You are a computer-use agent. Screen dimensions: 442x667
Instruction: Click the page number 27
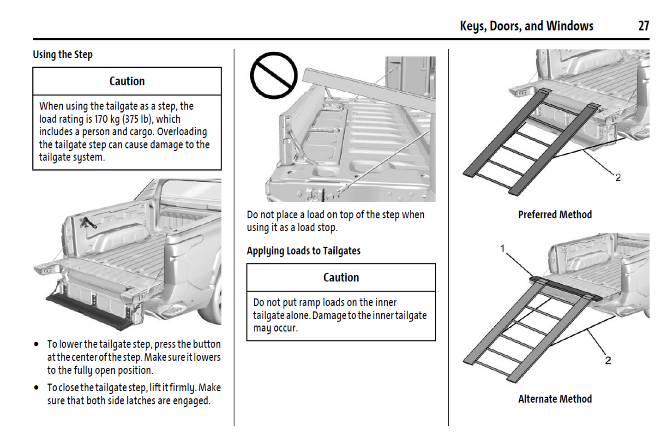click(x=643, y=26)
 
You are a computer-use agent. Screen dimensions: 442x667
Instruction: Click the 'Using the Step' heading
click(x=63, y=54)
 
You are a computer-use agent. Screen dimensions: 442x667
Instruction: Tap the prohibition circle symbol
click(x=274, y=75)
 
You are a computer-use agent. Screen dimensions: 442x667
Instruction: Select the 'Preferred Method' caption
click(x=555, y=215)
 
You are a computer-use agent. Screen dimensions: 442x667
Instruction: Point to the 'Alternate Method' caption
click(x=555, y=399)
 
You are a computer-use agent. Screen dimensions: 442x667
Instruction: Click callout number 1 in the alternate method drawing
click(x=503, y=249)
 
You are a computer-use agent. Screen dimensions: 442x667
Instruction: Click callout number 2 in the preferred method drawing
click(x=618, y=177)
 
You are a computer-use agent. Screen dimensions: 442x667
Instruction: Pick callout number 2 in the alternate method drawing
click(x=608, y=360)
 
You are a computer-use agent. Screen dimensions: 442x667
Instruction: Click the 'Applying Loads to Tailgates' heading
click(x=303, y=251)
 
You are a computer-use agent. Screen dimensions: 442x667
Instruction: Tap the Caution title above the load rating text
click(x=127, y=81)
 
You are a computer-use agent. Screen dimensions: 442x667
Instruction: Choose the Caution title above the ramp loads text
click(x=341, y=277)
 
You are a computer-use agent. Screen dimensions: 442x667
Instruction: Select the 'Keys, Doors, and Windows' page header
click(x=526, y=26)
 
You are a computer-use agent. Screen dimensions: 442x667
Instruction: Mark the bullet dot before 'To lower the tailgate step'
click(x=36, y=344)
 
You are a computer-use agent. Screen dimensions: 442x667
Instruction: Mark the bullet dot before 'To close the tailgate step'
click(x=36, y=388)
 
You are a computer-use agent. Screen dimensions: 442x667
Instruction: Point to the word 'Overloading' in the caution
click(x=182, y=132)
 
